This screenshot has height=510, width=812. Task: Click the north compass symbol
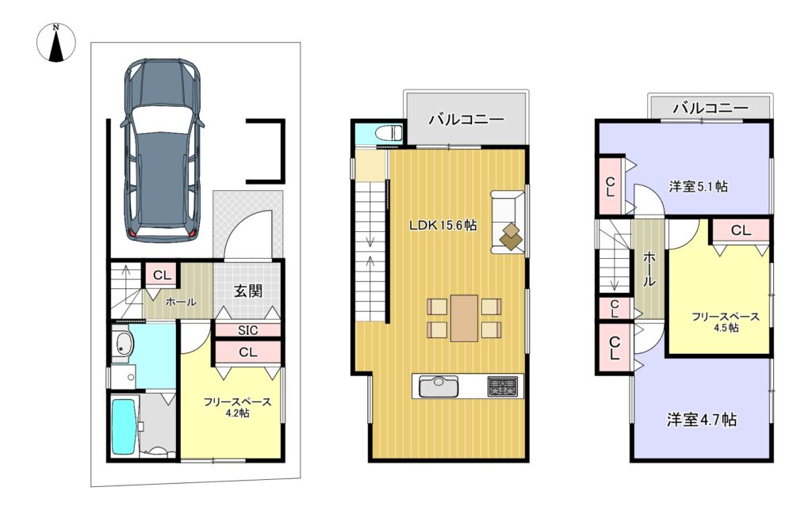click(56, 43)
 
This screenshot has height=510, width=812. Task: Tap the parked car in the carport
click(162, 150)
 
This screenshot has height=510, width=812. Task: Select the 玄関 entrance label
click(248, 291)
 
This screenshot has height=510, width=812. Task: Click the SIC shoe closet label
click(248, 330)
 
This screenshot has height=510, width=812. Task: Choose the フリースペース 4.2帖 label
click(237, 407)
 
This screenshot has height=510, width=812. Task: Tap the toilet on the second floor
click(389, 132)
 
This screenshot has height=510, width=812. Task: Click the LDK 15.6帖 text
click(442, 226)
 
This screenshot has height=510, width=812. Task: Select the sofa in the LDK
click(507, 223)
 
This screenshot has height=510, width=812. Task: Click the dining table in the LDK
click(464, 318)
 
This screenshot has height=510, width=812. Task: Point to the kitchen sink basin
click(439, 386)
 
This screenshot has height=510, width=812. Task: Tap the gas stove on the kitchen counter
click(502, 386)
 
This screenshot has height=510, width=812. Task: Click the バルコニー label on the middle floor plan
click(466, 120)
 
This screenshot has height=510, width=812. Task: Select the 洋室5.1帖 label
click(698, 185)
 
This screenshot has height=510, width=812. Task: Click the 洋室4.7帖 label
click(701, 419)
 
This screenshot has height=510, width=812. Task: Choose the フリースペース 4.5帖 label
click(726, 322)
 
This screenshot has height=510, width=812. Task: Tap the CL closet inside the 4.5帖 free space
click(741, 230)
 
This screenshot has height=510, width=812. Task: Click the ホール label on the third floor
click(649, 269)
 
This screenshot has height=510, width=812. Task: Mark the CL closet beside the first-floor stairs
click(162, 276)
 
